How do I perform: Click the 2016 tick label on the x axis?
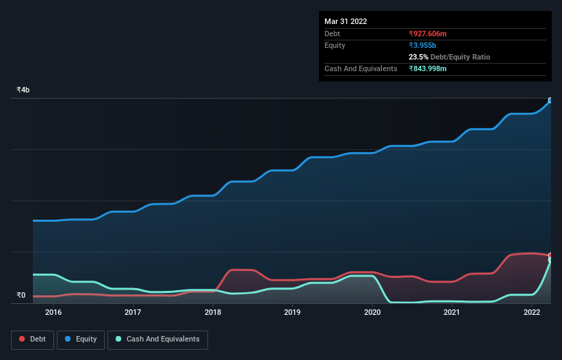point(53,313)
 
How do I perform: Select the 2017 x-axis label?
point(133,313)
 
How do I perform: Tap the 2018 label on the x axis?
point(213,313)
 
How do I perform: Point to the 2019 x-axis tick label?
point(292,313)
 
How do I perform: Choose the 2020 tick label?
point(372,313)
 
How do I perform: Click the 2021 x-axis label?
point(452,313)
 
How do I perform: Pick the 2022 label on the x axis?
point(532,313)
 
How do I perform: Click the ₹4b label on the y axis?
point(23,90)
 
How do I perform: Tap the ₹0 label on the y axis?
point(21,296)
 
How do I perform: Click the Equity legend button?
point(81,339)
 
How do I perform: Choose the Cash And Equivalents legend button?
point(157,339)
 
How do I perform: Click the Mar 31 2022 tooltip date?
point(346,21)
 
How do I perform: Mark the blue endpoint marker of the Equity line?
point(550,100)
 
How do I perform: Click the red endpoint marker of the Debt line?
point(550,255)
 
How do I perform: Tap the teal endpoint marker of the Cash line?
point(550,260)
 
